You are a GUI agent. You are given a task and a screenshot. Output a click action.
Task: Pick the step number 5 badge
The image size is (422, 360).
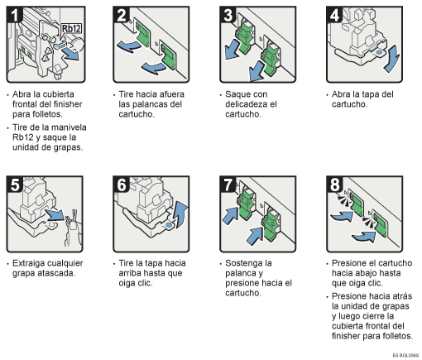14,185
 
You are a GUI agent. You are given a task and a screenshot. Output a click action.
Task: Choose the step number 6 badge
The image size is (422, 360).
122,185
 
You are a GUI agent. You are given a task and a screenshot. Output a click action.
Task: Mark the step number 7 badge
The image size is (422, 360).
228,185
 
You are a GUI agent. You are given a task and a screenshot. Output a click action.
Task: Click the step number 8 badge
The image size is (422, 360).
335,185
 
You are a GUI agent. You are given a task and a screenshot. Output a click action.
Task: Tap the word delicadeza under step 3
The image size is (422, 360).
255,105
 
